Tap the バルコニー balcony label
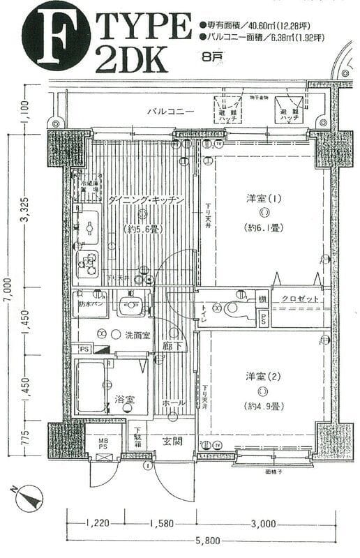click(x=170, y=111)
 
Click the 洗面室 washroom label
click(x=137, y=335)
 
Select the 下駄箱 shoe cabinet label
click(x=138, y=437)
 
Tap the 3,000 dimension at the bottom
click(x=264, y=522)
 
